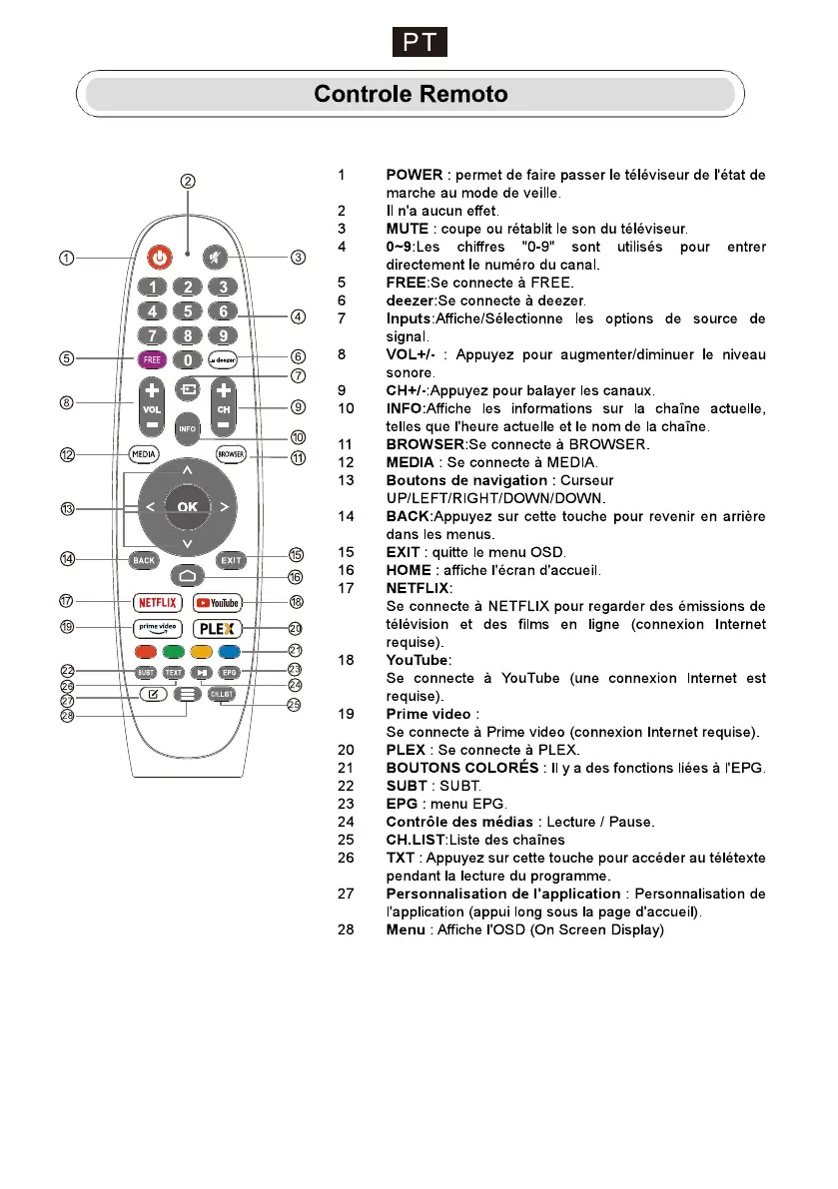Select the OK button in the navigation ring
[187, 507]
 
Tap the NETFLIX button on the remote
[157, 602]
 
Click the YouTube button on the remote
[218, 602]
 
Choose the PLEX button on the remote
[218, 629]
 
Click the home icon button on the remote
[187, 576]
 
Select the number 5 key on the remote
[187, 311]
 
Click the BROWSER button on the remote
[230, 455]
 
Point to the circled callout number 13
[67, 509]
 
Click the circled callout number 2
[187, 181]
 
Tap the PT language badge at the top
[419, 43]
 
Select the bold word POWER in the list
[414, 175]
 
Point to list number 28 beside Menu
[345, 930]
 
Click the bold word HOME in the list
[408, 570]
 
